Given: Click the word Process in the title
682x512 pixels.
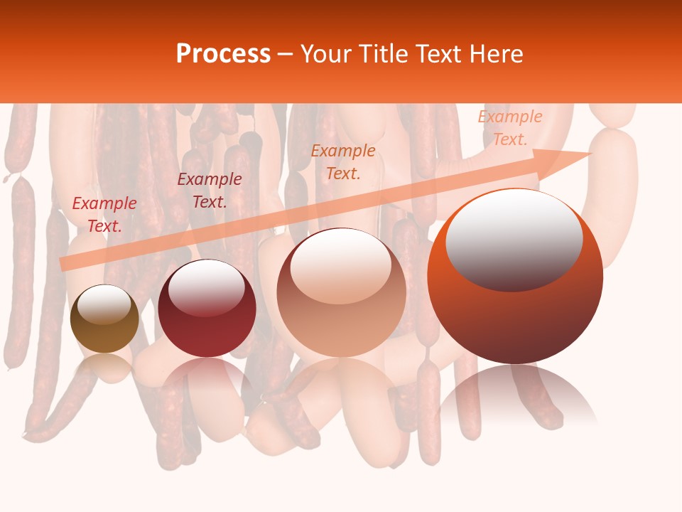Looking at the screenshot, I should (x=223, y=54).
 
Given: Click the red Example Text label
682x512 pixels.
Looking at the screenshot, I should (x=104, y=215).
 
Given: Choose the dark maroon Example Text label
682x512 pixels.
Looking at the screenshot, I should (x=209, y=191).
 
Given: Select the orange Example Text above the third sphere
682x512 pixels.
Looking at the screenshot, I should (x=343, y=162).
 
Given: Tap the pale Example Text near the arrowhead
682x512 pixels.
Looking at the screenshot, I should (x=509, y=128).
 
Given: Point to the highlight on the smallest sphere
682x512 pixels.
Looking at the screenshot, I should (x=104, y=304).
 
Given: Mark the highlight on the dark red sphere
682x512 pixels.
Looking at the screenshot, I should (x=206, y=286).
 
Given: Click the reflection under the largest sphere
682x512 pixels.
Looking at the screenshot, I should (x=516, y=395).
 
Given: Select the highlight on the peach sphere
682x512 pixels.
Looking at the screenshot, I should (x=340, y=265).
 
